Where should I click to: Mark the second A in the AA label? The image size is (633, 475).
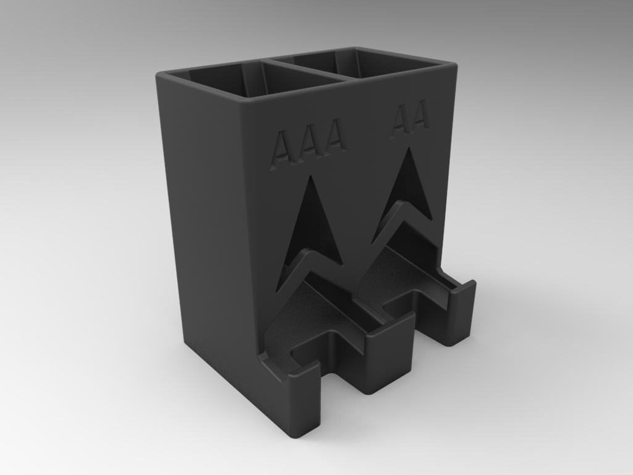click(418, 116)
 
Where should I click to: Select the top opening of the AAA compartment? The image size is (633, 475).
click(247, 80)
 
